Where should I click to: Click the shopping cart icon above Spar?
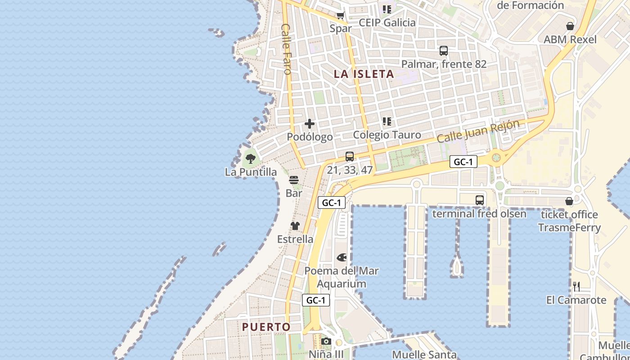click(x=341, y=16)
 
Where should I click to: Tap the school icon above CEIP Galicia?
click(x=387, y=9)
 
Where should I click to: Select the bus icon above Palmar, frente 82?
click(x=444, y=51)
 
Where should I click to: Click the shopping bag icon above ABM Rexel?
click(x=570, y=26)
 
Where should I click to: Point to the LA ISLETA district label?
click(x=364, y=74)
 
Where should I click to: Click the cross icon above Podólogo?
click(x=310, y=124)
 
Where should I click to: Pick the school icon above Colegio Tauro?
click(x=387, y=121)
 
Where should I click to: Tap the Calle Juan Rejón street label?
click(x=478, y=131)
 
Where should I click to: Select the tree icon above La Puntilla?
click(x=251, y=158)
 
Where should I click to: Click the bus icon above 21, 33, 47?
click(x=350, y=157)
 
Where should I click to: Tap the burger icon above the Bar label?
click(x=294, y=180)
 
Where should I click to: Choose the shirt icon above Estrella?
click(x=295, y=226)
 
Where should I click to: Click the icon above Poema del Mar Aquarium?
click(x=342, y=258)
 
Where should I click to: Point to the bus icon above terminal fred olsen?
click(x=480, y=200)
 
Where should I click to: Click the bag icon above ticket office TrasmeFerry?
click(x=569, y=201)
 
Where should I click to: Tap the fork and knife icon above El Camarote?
click(x=576, y=286)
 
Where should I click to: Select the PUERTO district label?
click(x=266, y=327)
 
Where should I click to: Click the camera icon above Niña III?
click(x=326, y=341)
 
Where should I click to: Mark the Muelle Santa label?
click(x=424, y=355)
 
